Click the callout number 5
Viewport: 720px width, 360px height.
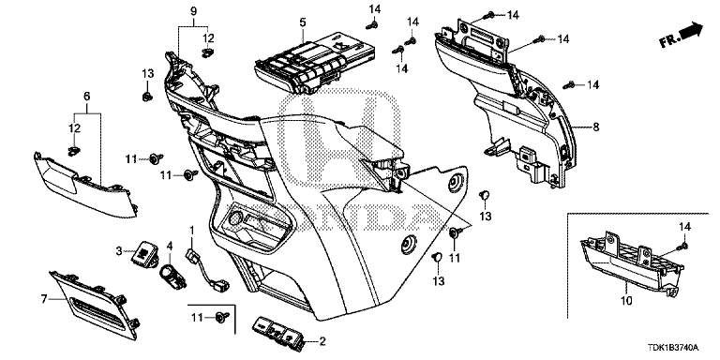(x=277, y=22)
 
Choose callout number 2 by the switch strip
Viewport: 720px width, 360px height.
(x=323, y=341)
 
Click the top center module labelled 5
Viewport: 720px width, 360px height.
(x=309, y=62)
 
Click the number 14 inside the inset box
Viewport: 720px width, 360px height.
(x=682, y=229)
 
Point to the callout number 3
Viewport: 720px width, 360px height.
(x=119, y=250)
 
